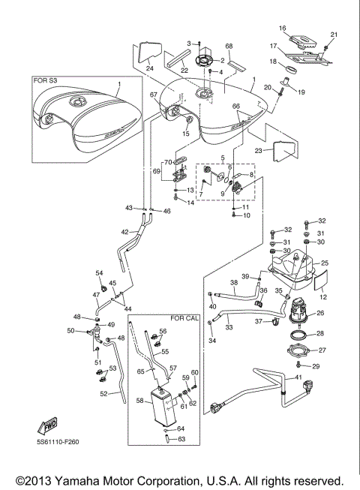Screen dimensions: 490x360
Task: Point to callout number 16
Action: pos(283,29)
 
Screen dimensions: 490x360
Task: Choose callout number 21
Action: pos(334,35)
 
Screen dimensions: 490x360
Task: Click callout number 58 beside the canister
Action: pos(139,401)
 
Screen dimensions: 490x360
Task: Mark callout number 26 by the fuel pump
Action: pos(321,314)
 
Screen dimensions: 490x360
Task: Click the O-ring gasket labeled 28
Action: pos(297,334)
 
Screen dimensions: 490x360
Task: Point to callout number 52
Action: pos(103,394)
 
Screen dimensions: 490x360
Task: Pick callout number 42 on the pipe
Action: pos(126,232)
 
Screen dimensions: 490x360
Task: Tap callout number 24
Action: pos(149,69)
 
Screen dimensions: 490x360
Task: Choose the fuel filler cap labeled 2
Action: pos(201,59)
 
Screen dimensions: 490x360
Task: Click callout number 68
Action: pos(229,47)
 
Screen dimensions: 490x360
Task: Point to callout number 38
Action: pos(234,283)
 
